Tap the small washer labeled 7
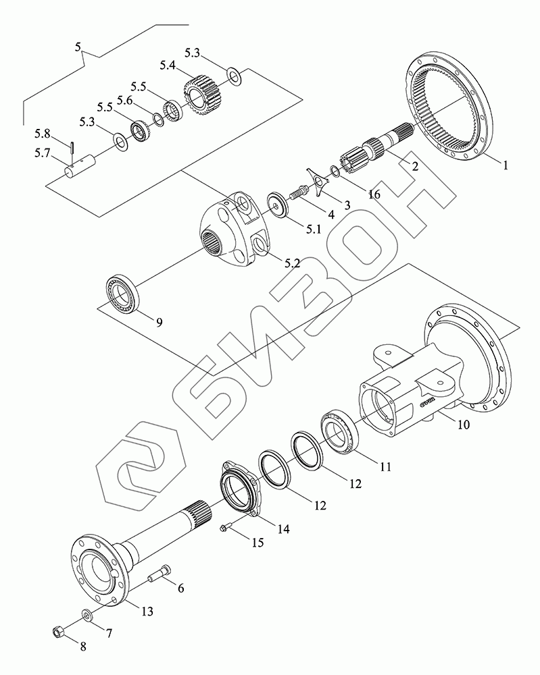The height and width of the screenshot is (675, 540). pyautogui.click(x=88, y=616)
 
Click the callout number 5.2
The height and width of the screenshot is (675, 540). pyautogui.click(x=292, y=263)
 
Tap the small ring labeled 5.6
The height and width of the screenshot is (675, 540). pyautogui.click(x=157, y=119)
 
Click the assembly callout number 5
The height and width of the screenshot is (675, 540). pyautogui.click(x=79, y=47)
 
